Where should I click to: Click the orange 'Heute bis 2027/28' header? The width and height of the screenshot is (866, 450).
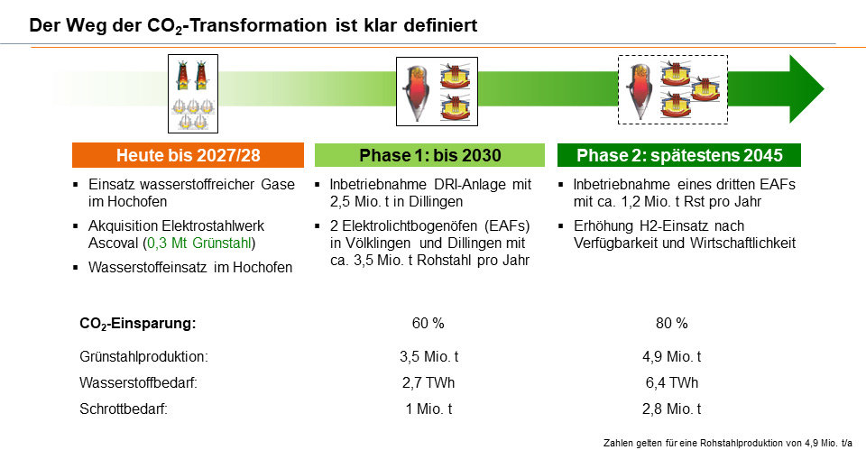point(188,155)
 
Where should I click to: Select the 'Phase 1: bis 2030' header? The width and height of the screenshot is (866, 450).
point(429,155)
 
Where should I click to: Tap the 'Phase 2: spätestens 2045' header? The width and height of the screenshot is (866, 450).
point(678,155)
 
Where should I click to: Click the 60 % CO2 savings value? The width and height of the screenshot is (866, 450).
point(428,323)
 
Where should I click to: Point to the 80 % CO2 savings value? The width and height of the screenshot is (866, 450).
point(671,323)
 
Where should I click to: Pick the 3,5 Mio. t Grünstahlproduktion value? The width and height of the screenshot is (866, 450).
point(429,357)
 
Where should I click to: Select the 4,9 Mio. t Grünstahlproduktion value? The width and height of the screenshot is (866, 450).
point(671,357)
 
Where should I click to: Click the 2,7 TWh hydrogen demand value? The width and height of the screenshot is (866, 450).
point(428,382)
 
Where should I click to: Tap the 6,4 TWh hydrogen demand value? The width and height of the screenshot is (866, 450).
point(671,382)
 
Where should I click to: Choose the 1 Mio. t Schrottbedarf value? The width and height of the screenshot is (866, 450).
point(429,409)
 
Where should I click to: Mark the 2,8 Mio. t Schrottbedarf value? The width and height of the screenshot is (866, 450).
point(671,409)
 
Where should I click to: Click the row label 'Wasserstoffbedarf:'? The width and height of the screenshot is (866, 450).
point(139,382)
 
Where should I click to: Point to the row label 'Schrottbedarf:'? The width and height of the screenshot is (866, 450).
point(124,409)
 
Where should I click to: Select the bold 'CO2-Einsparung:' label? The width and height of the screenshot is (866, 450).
point(138,324)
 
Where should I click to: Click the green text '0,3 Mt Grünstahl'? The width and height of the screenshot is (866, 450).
point(199,243)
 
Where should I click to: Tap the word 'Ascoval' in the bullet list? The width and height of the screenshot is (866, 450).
point(113,243)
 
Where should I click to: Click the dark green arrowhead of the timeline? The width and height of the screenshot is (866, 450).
point(806,89)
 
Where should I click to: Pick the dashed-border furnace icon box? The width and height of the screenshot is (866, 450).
point(673,89)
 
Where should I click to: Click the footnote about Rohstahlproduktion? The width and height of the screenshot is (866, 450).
point(728,443)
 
